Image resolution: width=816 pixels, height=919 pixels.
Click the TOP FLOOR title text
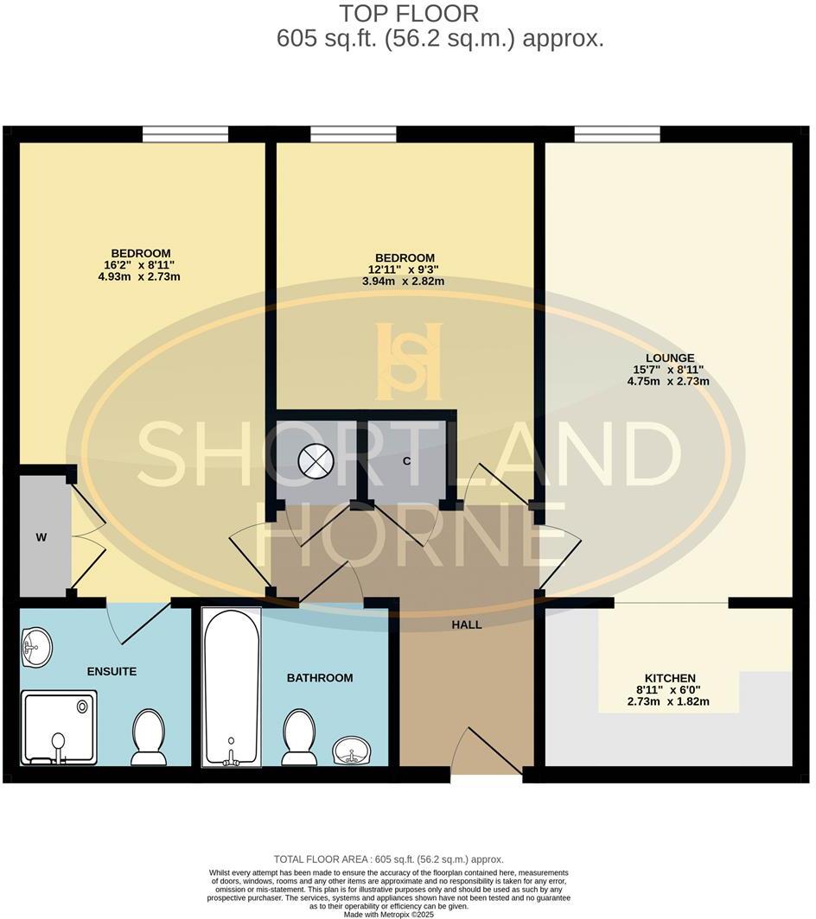coord(408,14)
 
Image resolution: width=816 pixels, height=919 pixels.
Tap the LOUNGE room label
coord(669,358)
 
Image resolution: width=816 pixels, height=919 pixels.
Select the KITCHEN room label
coord(669,679)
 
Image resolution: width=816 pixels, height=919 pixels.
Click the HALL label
coord(467,624)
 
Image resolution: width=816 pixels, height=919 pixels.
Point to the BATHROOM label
coord(320,678)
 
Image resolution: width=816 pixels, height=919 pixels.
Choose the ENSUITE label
coord(112,671)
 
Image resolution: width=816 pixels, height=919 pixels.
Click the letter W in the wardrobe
coord(41,537)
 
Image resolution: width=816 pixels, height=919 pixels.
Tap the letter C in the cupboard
coord(405,460)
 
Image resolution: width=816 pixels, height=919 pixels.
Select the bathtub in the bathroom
coord(231,687)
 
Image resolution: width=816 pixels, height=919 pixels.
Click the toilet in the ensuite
coord(149,737)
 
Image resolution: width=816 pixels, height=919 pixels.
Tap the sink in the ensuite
coord(35,648)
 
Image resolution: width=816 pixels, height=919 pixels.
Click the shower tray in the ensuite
coord(59,727)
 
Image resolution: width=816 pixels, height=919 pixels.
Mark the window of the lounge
coord(617,134)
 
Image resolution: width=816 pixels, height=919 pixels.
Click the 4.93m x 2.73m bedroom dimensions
coord(140,276)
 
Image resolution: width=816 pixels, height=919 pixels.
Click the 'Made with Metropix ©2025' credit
coord(406,914)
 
